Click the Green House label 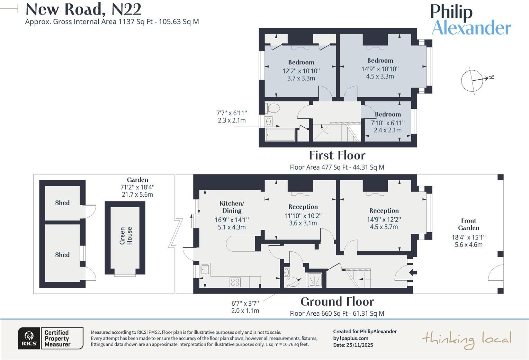tap(126, 236)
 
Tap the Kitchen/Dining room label tap(232, 207)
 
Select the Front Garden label tap(468, 224)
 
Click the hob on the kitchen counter tap(235, 282)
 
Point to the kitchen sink tap(205, 269)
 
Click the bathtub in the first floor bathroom tap(280, 135)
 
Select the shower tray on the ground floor tap(315, 280)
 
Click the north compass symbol tap(475, 80)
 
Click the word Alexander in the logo tap(472, 28)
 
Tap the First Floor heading tap(337, 155)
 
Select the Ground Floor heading tap(337, 302)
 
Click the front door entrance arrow tap(413, 272)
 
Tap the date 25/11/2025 tap(360, 345)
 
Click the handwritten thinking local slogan tap(467, 340)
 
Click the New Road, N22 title tap(83, 9)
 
